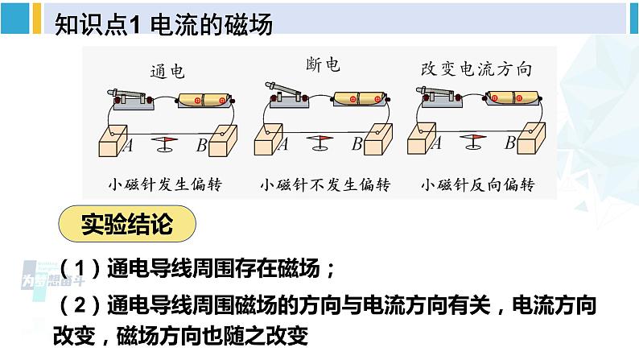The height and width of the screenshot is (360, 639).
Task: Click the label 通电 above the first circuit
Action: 167,72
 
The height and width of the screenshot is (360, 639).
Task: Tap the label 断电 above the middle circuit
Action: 324,65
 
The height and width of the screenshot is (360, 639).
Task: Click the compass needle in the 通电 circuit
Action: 165,143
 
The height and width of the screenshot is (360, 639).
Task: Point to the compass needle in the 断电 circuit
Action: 320,143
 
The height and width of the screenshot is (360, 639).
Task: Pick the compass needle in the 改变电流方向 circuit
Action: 475,143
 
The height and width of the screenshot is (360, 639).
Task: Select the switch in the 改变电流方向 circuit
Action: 439,97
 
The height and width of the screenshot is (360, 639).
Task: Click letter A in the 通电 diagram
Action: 127,145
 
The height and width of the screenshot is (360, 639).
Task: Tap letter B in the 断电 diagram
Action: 357,145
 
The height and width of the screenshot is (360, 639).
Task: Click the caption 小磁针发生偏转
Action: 166,184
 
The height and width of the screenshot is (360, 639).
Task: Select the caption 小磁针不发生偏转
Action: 325,184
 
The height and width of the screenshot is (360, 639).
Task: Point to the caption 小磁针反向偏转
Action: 478,184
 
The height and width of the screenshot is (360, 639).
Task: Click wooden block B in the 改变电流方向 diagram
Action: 533,139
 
